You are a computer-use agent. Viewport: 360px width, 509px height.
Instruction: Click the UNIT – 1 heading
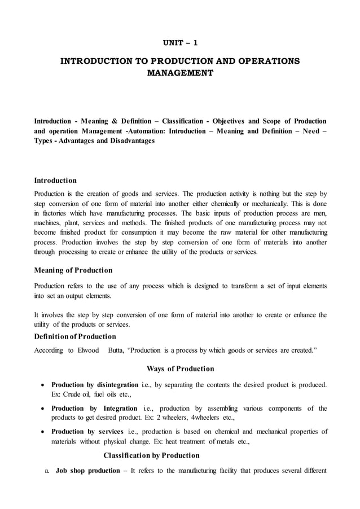point(180,42)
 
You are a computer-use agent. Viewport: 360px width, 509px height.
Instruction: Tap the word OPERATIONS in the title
point(262,60)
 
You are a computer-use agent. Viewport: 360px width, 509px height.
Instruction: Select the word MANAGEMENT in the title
point(180,73)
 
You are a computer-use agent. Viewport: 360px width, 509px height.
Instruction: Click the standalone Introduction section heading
point(55,181)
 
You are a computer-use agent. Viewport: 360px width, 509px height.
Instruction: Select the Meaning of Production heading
point(73,270)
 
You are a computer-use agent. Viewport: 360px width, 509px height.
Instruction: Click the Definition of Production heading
point(75,337)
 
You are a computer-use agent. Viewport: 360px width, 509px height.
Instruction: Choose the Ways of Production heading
point(180,369)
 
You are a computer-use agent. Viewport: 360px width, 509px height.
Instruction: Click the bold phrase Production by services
point(87,432)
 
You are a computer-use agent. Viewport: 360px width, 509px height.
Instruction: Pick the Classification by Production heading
point(151,455)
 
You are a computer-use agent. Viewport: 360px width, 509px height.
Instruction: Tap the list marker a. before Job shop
point(47,470)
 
